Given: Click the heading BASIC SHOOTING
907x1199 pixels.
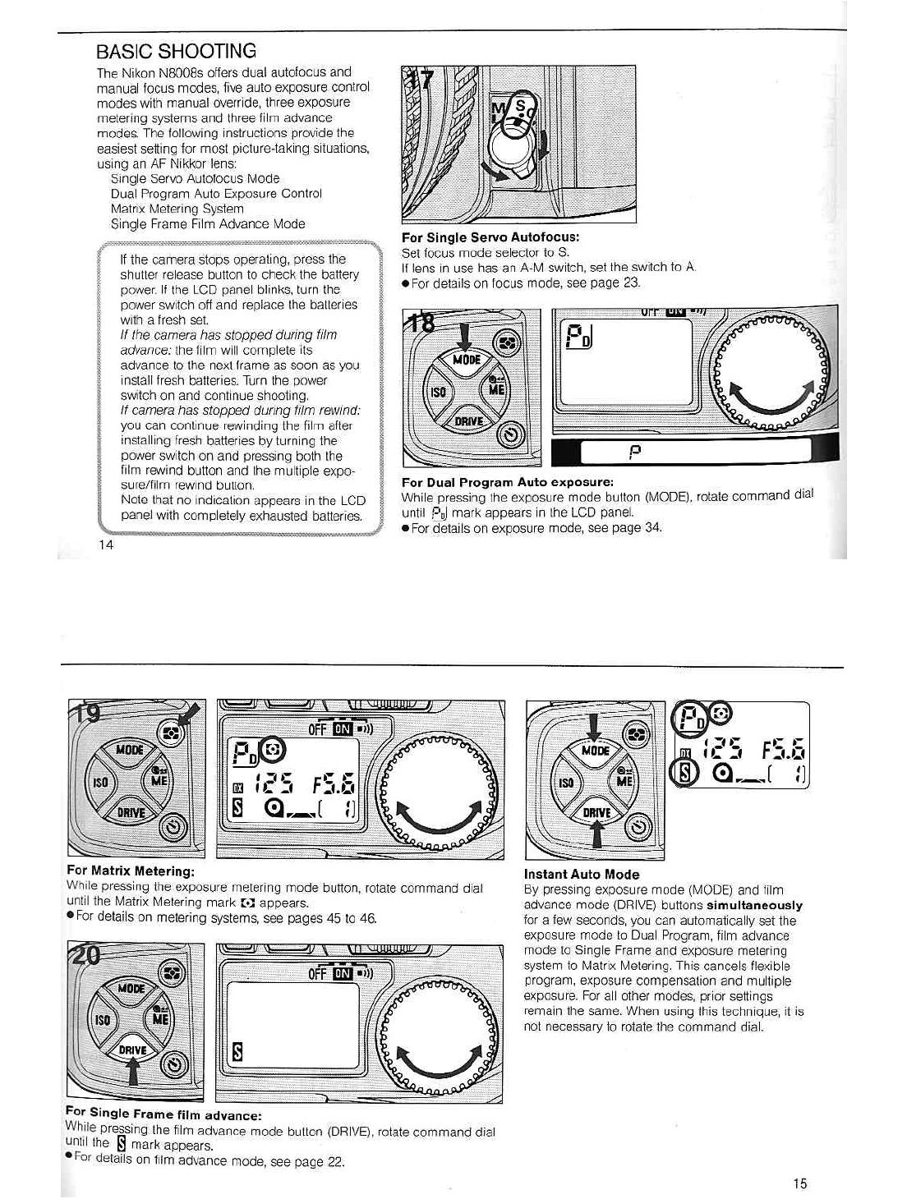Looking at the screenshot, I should [176, 51].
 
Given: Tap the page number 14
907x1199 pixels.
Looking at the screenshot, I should [106, 544].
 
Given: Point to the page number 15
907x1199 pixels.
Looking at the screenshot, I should [800, 1183].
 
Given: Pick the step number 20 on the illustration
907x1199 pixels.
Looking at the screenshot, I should [85, 955].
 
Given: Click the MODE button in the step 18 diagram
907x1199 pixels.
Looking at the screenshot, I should [467, 361].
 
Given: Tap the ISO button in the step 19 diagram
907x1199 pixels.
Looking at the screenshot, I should [100, 782].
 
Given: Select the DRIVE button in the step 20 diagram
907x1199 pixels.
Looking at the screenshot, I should [132, 1050].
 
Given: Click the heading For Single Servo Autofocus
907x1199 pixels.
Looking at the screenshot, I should [490, 237].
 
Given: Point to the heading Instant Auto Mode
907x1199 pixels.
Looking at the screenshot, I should [582, 875].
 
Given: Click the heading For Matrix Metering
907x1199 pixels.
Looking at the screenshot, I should [131, 871].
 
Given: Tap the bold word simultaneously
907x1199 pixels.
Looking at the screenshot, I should [754, 905].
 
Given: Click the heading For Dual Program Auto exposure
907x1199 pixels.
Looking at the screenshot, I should [508, 482].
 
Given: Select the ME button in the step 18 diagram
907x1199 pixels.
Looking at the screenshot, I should [497, 390].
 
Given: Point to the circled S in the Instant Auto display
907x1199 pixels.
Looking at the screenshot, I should [686, 772].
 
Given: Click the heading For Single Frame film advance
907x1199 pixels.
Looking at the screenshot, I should [163, 1114].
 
